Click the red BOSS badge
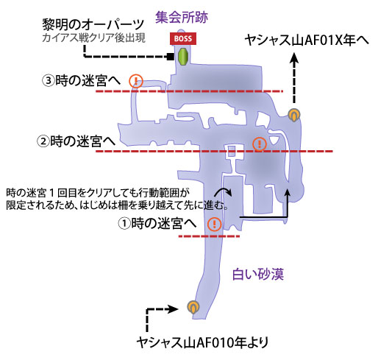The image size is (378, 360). (x=183, y=38)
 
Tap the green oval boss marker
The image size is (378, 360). (x=182, y=57)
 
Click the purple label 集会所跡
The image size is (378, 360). (x=182, y=17)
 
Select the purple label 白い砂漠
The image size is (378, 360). (x=258, y=274)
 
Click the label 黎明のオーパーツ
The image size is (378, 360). (x=93, y=25)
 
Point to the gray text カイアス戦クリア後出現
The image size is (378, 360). (x=93, y=38)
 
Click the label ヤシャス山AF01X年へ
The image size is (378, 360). (x=307, y=40)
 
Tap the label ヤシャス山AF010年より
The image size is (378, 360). (x=202, y=342)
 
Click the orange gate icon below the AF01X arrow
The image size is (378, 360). (x=294, y=115)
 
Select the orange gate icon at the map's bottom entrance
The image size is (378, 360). (x=193, y=307)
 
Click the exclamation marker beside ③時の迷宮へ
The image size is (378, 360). (x=136, y=81)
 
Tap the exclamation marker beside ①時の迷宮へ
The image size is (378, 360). (x=215, y=224)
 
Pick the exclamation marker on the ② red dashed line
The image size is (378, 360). (x=260, y=144)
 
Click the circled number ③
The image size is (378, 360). (x=48, y=80)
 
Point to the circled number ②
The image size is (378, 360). (x=43, y=141)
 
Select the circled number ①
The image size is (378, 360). (x=124, y=224)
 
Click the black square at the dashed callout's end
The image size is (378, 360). (x=170, y=57)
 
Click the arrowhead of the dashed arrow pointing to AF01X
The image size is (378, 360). (x=294, y=58)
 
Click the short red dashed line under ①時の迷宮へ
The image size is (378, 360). (x=209, y=236)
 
